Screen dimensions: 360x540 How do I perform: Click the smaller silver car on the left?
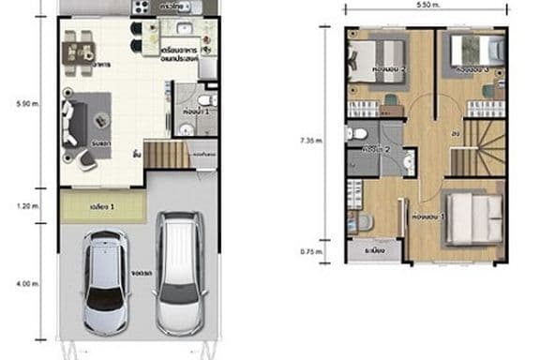click(x=107, y=282)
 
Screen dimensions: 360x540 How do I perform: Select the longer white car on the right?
click(x=178, y=273)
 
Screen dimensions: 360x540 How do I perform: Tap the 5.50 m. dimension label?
click(x=427, y=6)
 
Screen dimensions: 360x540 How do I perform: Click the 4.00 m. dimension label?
click(x=25, y=280)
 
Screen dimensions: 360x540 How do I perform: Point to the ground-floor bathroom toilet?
click(x=208, y=98)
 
